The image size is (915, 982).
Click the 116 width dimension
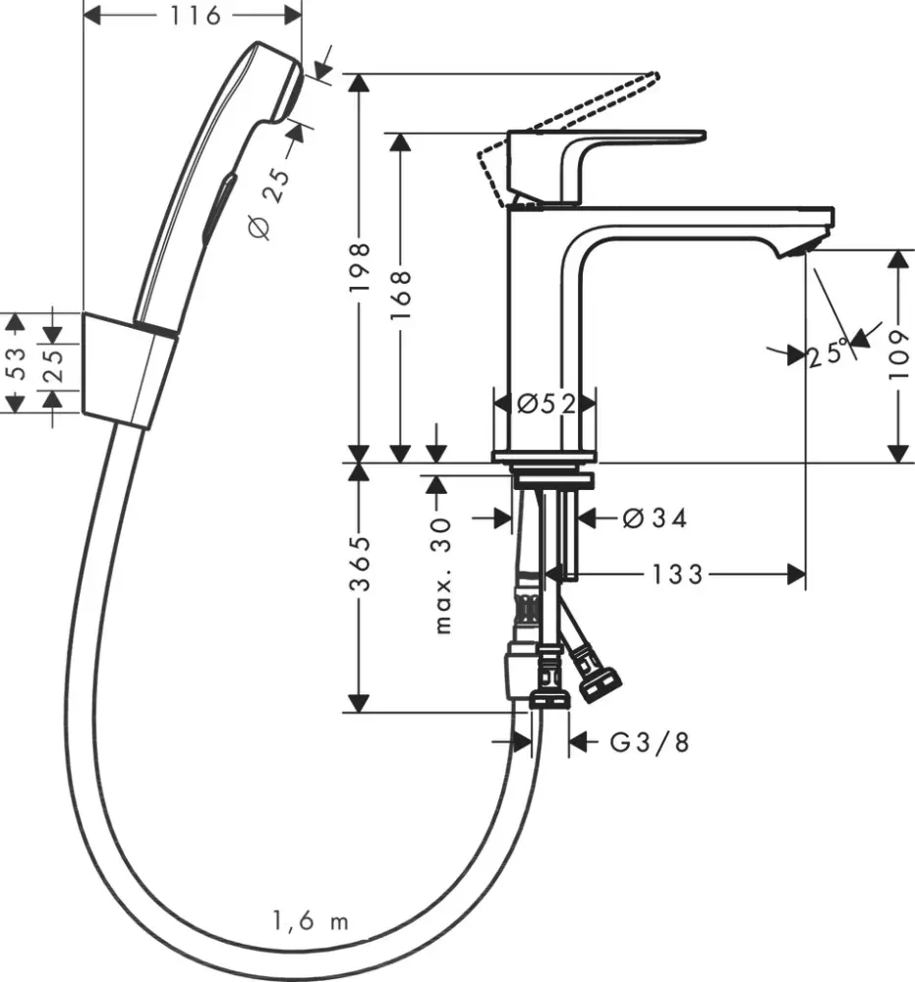(193, 16)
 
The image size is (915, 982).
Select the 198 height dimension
(362, 266)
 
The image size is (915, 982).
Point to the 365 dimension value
(362, 565)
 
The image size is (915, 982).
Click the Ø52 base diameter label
(544, 404)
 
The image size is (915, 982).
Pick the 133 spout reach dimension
(676, 574)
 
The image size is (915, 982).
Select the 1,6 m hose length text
(310, 921)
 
